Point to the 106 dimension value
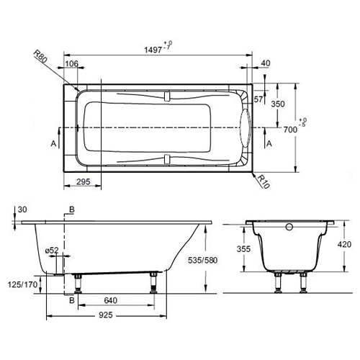(71, 64)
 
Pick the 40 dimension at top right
(266, 64)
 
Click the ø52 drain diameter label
(52, 250)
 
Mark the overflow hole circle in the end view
(289, 228)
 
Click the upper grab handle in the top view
(166, 94)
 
